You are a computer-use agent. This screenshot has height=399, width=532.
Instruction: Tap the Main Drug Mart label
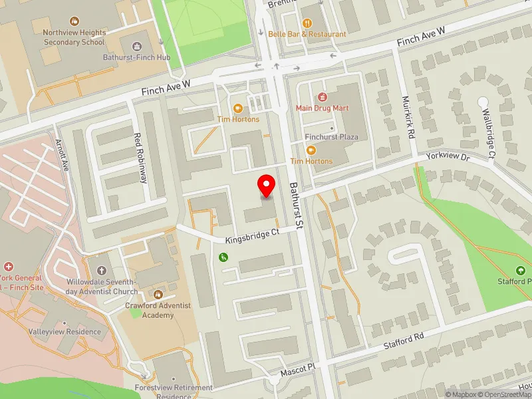(x=323, y=107)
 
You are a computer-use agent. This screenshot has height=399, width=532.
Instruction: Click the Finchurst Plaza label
(x=332, y=137)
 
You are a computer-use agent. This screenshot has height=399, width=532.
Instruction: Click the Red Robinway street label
(x=140, y=157)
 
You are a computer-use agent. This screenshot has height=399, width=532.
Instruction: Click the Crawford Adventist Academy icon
(x=158, y=293)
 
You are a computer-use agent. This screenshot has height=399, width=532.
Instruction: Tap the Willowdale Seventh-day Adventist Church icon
(x=101, y=271)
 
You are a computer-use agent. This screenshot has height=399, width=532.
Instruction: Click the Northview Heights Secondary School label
(x=74, y=37)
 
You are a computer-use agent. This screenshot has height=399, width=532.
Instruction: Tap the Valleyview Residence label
(x=65, y=331)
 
